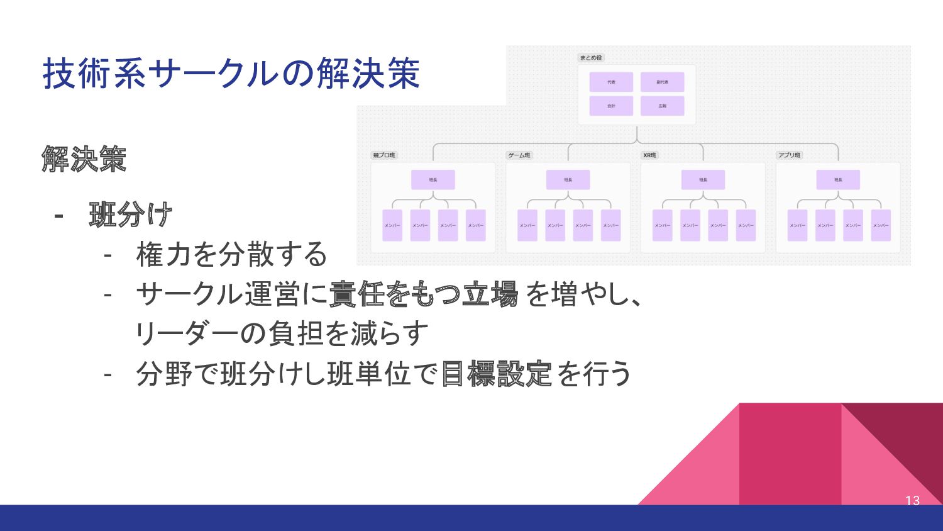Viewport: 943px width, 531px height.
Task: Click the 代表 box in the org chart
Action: pyautogui.click(x=611, y=82)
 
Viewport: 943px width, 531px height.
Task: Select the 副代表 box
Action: pyautogui.click(x=662, y=82)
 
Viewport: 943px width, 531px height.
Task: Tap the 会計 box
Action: pyautogui.click(x=611, y=106)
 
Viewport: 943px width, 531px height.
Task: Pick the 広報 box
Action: pyautogui.click(x=662, y=106)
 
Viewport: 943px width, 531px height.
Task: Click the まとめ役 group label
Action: pyautogui.click(x=591, y=58)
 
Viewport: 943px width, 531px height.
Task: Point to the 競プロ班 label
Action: pyautogui.click(x=384, y=155)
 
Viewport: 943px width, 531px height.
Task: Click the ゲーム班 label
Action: pyautogui.click(x=519, y=155)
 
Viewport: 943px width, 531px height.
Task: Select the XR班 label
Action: pyautogui.click(x=649, y=155)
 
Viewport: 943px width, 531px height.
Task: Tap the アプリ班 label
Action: pyautogui.click(x=789, y=155)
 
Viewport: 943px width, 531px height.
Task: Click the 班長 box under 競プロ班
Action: pyautogui.click(x=433, y=180)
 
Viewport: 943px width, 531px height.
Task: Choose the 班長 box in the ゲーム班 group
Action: pyautogui.click(x=568, y=180)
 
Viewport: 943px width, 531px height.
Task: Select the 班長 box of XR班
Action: pyautogui.click(x=703, y=180)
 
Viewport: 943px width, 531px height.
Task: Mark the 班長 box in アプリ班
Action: pyautogui.click(x=838, y=180)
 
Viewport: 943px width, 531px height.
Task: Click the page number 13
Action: pyautogui.click(x=912, y=501)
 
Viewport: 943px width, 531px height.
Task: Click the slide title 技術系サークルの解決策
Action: pyautogui.click(x=231, y=74)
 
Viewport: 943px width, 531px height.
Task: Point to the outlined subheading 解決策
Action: pyautogui.click(x=84, y=159)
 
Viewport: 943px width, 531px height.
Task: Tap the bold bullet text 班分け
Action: pyautogui.click(x=131, y=215)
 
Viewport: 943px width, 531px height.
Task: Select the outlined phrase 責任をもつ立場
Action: pyautogui.click(x=423, y=294)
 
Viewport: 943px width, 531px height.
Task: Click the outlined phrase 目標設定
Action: pyautogui.click(x=497, y=374)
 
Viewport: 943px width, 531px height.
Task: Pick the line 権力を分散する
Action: pyautogui.click(x=231, y=255)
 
